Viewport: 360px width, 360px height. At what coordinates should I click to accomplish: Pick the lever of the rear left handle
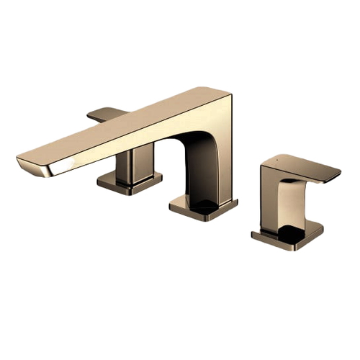[x=105, y=113]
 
